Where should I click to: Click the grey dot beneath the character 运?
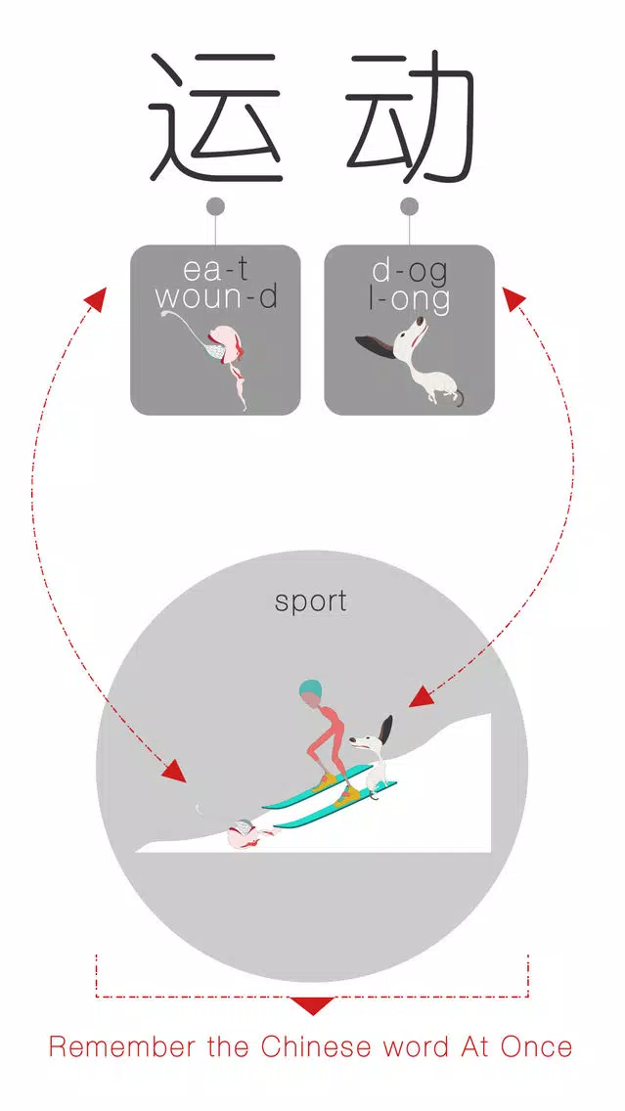pyautogui.click(x=215, y=206)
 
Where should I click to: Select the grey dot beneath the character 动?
pyautogui.click(x=410, y=206)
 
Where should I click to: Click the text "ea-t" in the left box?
pyautogui.click(x=215, y=270)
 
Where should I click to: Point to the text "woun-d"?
pyautogui.click(x=216, y=297)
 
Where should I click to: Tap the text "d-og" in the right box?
pyautogui.click(x=409, y=270)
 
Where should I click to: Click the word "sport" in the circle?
pyautogui.click(x=311, y=601)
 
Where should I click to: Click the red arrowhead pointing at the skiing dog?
pyautogui.click(x=421, y=695)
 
